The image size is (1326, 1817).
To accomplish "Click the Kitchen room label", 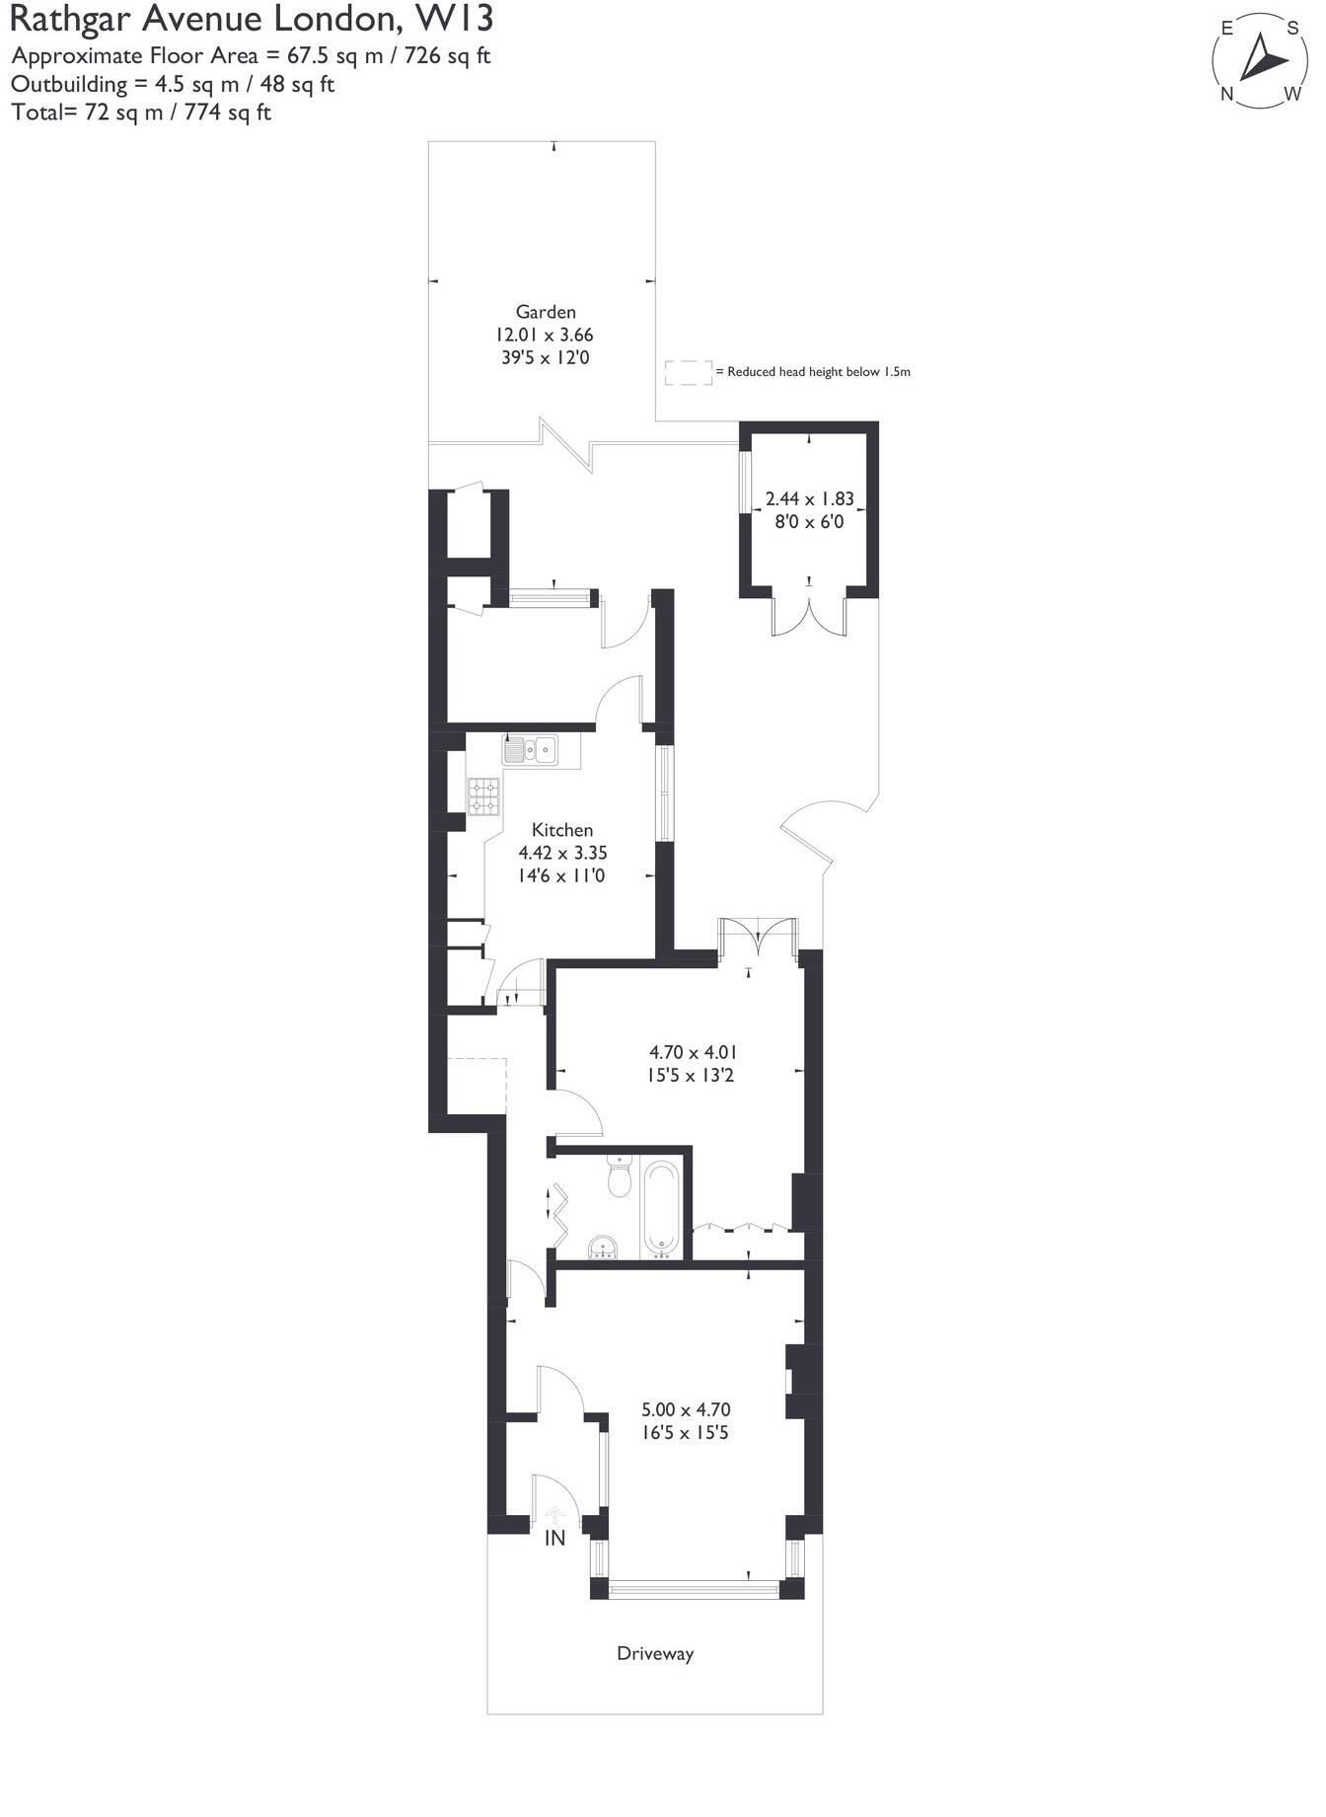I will (562, 830).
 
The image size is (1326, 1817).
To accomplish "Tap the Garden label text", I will (546, 312).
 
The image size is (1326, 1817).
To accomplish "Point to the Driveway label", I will (655, 1653).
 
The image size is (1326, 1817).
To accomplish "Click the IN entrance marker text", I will (555, 1538).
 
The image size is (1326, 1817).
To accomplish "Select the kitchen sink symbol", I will (530, 750).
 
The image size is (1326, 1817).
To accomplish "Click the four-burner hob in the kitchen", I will (483, 795).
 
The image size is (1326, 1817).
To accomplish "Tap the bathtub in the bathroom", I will (661, 1207).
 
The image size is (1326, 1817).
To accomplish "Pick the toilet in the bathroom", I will (620, 1176).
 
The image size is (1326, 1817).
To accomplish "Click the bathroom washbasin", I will (603, 1247).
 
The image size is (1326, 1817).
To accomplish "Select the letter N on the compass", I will (1228, 95).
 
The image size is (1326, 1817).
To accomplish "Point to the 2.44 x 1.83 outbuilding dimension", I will (809, 499).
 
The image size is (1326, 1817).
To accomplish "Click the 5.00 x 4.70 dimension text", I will (686, 1409).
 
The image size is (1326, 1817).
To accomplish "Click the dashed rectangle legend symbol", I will (688, 372).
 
